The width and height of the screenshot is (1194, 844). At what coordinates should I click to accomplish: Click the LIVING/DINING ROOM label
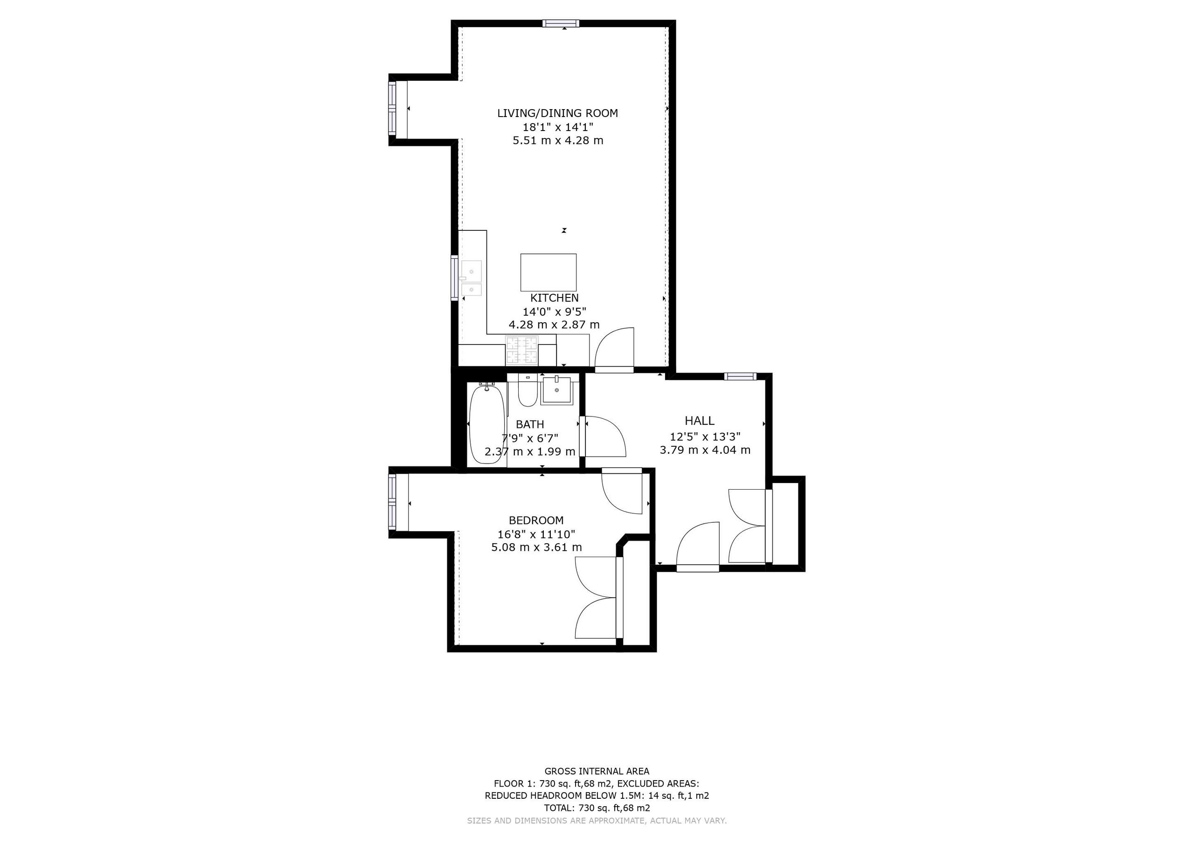click(557, 113)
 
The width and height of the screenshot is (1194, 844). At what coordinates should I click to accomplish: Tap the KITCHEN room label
click(555, 298)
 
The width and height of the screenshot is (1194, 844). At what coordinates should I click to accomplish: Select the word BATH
click(530, 424)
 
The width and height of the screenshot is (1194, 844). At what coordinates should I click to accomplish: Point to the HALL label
click(700, 421)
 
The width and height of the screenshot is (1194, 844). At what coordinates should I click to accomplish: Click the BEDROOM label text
click(536, 520)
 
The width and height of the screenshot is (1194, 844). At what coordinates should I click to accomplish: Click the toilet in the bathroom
click(528, 391)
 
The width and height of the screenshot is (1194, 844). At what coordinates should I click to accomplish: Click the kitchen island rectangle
click(548, 272)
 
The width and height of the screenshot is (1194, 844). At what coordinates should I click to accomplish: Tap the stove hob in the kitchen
click(521, 350)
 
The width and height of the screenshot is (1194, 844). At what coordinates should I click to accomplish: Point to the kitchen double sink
click(471, 278)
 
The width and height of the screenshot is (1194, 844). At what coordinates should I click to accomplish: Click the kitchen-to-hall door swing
click(614, 348)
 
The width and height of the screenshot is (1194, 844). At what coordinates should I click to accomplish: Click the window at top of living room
click(561, 23)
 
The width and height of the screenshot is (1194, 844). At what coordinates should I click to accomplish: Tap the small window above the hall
click(741, 376)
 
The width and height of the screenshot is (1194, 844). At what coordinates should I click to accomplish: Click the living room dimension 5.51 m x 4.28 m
click(558, 140)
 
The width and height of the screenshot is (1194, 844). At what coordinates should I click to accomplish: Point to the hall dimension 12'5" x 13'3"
click(705, 437)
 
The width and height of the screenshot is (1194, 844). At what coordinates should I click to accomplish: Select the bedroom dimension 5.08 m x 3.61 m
click(537, 547)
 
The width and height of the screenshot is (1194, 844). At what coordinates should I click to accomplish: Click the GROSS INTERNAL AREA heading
click(597, 771)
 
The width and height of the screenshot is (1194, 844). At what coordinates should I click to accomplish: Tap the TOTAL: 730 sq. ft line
click(597, 808)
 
